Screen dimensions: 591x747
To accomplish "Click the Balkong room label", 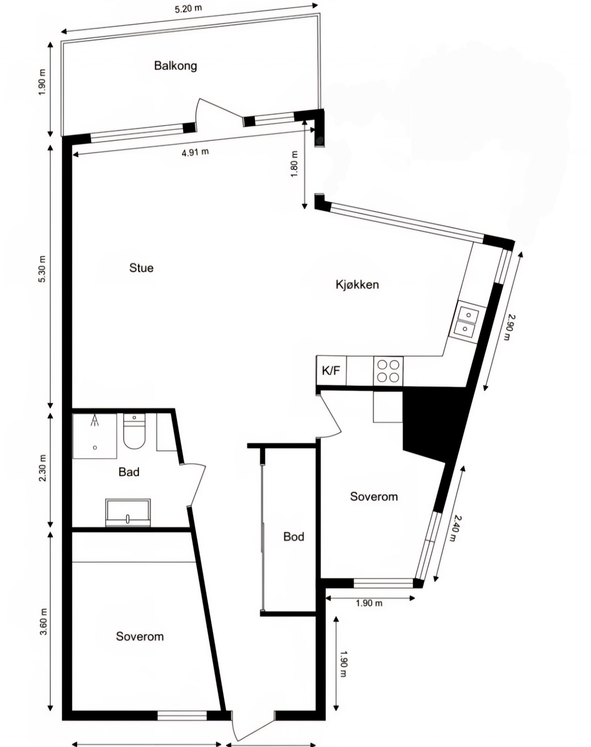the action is coord(175,66).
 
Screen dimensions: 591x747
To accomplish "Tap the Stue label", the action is coord(141,268).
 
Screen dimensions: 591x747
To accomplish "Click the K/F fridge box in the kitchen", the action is coord(331,370).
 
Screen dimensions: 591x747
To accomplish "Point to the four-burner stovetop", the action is coord(388,371).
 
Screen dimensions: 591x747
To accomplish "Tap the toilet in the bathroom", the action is coord(134,432).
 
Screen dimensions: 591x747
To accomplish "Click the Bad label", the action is coord(129,472).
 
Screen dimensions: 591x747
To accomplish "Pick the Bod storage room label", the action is coord(293,537).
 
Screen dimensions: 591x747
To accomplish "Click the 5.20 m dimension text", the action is coord(188,9).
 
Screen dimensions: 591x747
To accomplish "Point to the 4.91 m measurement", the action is coord(195,152).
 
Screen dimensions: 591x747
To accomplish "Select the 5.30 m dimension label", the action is coord(42,269).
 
